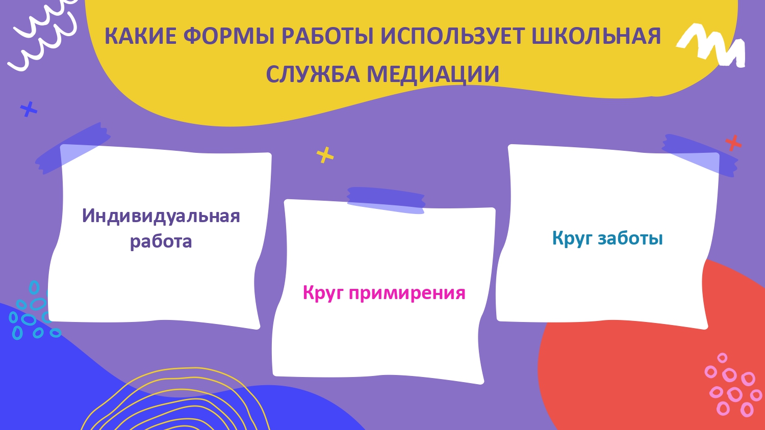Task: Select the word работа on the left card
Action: point(161,241)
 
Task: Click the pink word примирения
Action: point(407,293)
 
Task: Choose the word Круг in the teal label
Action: point(572,238)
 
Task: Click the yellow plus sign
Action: point(325,155)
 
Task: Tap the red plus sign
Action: point(733,143)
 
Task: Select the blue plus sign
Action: point(29,109)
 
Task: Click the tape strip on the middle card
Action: point(386,200)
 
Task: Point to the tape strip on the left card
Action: point(73,148)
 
